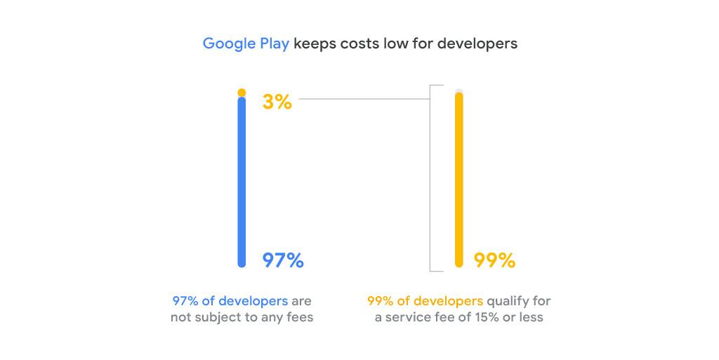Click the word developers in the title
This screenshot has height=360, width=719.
[477, 44]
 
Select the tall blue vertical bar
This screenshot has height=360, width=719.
[242, 182]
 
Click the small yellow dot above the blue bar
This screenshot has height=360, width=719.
[242, 93]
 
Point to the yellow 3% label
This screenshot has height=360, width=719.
[277, 102]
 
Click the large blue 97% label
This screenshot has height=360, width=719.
[283, 261]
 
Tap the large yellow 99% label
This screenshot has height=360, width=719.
[494, 261]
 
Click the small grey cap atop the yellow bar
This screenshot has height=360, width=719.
[459, 91]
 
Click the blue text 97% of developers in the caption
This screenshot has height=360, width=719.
[230, 301]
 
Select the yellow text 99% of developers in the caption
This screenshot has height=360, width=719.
[425, 301]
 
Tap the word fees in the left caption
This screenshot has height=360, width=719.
[299, 318]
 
